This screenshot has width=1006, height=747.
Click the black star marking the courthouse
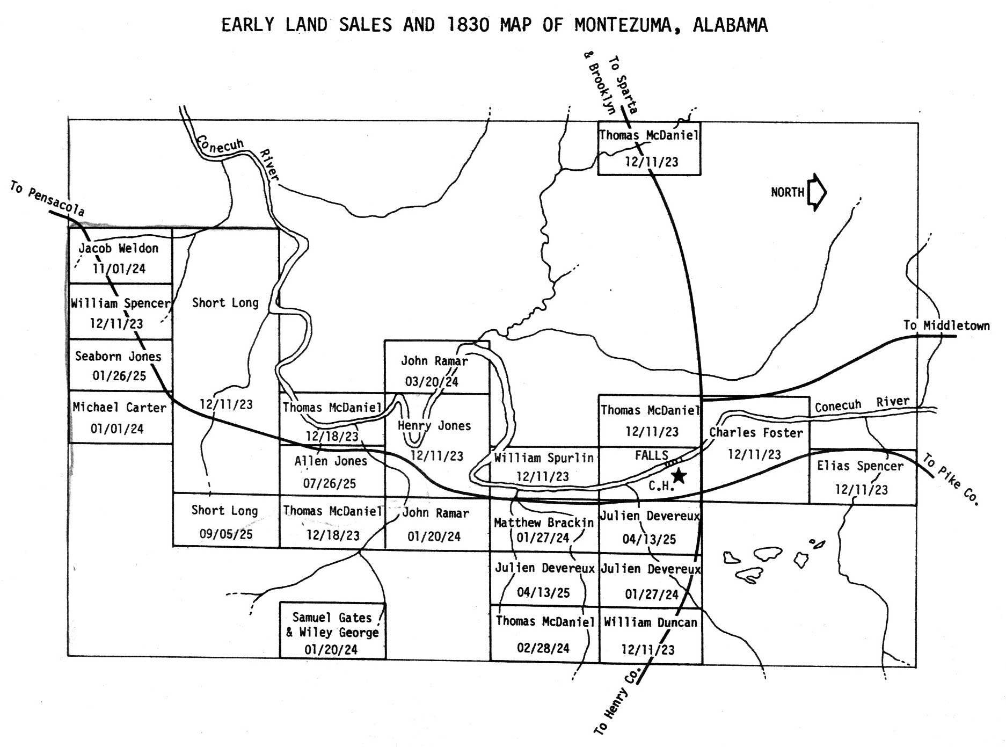(x=679, y=475)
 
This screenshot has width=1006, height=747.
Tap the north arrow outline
(x=817, y=192)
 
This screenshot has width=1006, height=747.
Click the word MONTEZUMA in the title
(x=625, y=25)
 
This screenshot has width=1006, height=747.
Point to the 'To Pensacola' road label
(x=47, y=199)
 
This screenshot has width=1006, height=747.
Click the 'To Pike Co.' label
(x=951, y=480)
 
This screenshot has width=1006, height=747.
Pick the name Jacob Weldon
(x=119, y=248)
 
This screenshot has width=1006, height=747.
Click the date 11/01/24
(x=119, y=269)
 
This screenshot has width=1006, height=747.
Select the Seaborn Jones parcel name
(x=118, y=356)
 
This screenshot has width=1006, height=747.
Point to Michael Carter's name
(x=119, y=408)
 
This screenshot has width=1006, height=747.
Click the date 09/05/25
(x=225, y=534)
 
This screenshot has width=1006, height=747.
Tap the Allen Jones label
(x=331, y=461)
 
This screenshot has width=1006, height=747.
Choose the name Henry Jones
(x=434, y=426)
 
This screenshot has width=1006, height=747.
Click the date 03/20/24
(x=432, y=382)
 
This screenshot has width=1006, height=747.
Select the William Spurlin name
(x=543, y=458)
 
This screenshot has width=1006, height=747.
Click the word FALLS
(x=651, y=455)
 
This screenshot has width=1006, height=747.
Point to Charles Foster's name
(x=756, y=432)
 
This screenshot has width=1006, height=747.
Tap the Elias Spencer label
(x=860, y=466)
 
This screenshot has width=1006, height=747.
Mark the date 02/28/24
(x=543, y=648)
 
